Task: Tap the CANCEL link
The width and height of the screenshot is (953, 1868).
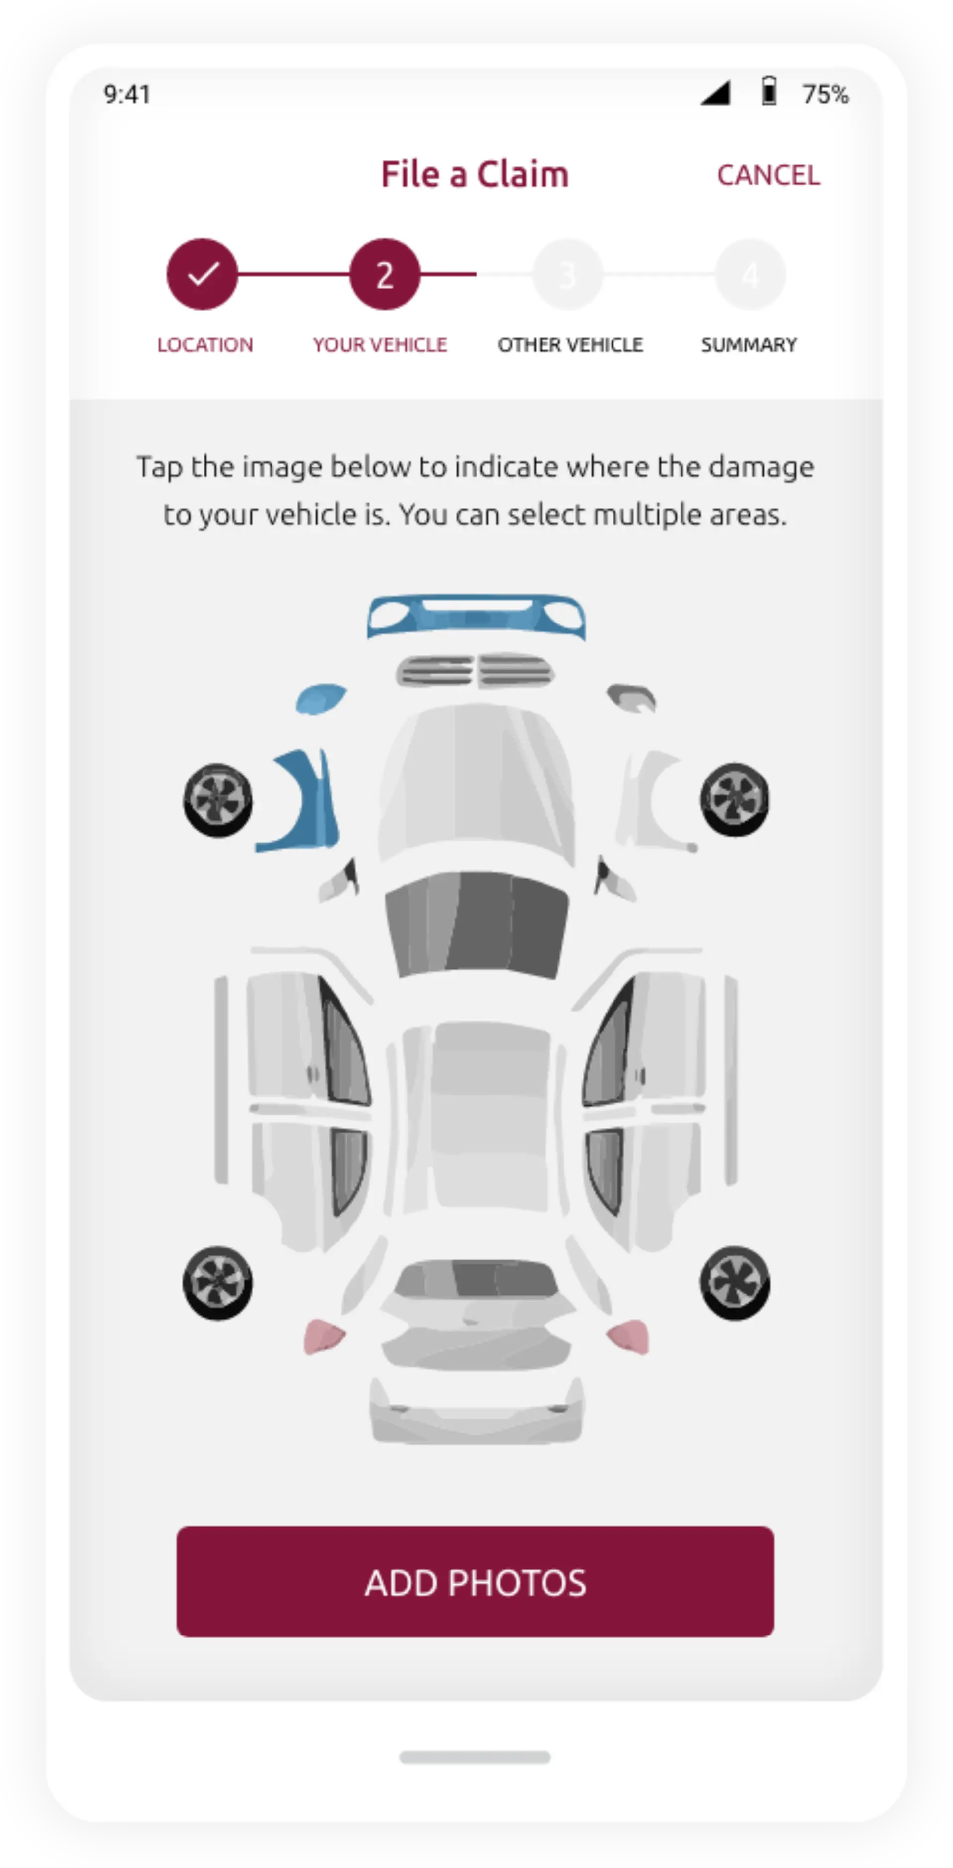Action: pos(768,175)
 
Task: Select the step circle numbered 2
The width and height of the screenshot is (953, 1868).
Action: pos(385,274)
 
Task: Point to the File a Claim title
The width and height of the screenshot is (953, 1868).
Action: pos(475,175)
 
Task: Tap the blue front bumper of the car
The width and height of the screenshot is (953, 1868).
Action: pos(476,617)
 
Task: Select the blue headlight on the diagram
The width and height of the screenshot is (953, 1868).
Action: pos(320,699)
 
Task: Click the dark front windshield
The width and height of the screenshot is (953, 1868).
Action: pos(476,923)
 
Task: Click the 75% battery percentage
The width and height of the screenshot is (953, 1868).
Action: pos(825,94)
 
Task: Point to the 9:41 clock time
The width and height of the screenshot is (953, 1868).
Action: pos(127,94)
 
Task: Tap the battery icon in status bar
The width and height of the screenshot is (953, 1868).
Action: pos(769,92)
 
